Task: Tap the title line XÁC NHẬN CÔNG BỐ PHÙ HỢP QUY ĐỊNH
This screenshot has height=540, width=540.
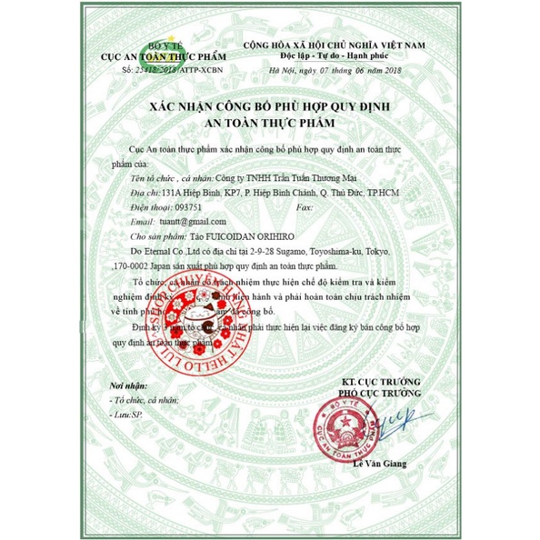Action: pos(271,108)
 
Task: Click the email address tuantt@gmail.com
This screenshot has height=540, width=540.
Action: pos(193,221)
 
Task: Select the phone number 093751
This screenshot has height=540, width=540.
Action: pos(185,207)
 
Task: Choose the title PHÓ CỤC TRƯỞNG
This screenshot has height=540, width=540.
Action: pos(381,393)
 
